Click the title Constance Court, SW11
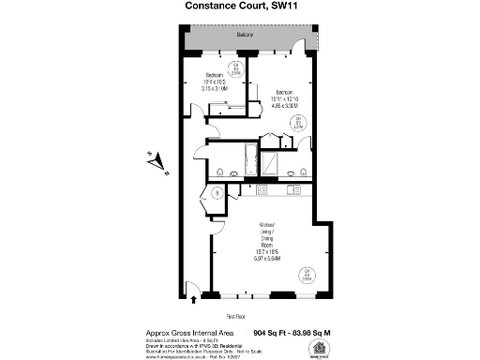(x=240, y=7)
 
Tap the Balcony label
(x=246, y=35)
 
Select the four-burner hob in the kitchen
(x=262, y=190)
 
